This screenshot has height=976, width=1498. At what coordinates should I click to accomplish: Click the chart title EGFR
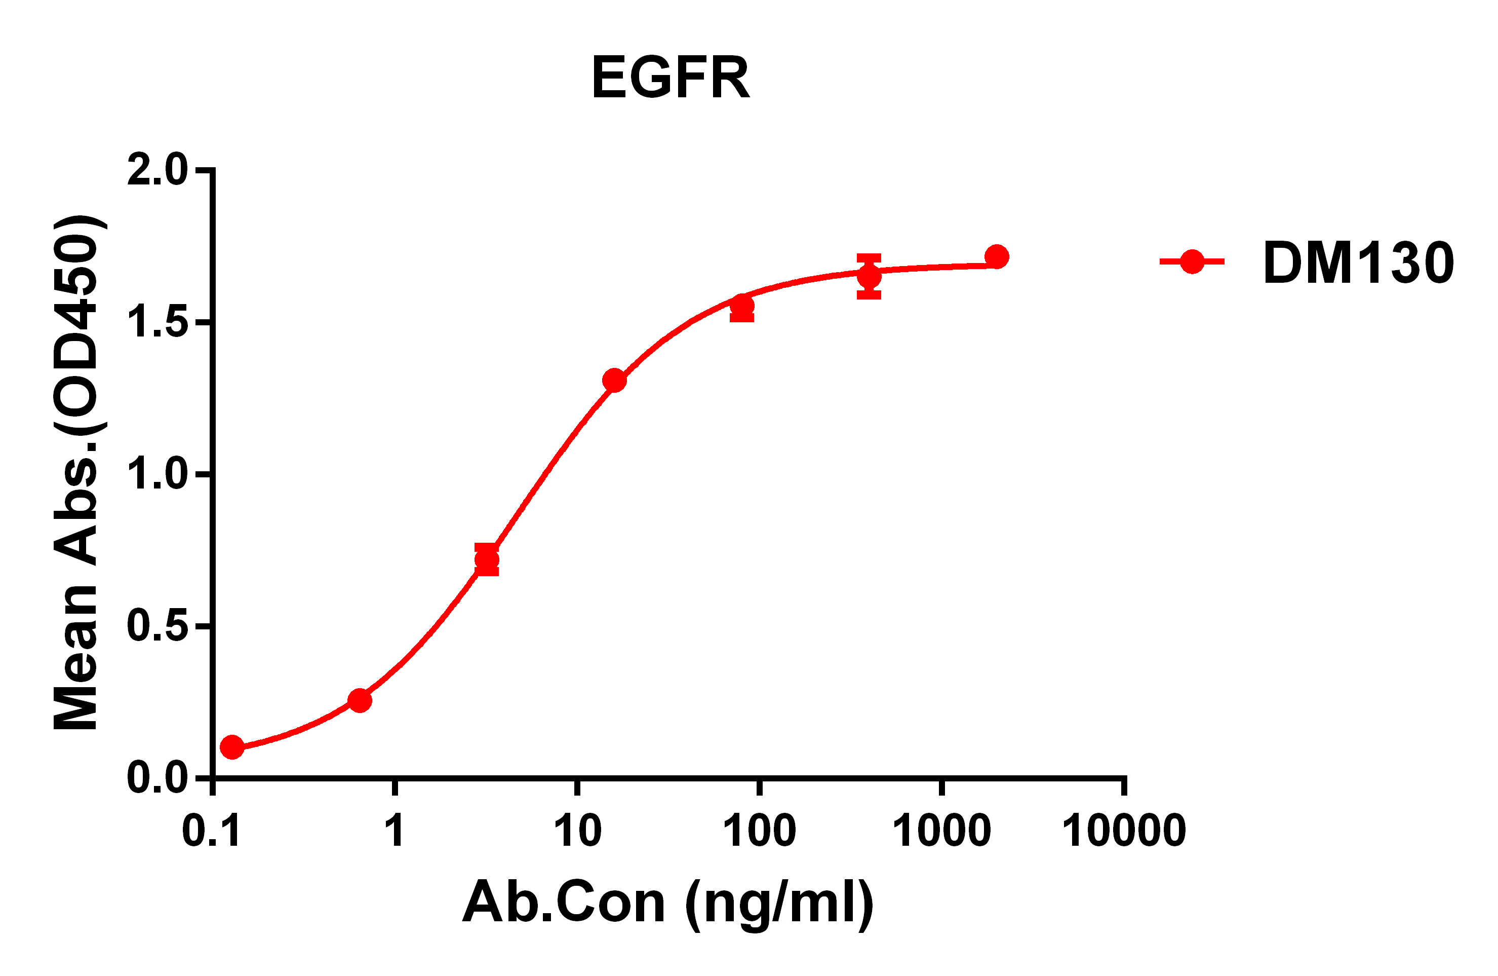point(671,78)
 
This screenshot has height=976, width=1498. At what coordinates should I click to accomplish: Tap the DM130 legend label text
point(1358,262)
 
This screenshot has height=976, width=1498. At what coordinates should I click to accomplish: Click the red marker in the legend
point(1192,261)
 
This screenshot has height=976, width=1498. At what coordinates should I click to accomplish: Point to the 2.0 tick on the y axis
point(157,169)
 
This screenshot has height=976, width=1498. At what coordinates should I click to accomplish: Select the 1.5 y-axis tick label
point(157,322)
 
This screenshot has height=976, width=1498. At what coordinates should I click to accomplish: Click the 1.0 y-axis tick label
point(157,474)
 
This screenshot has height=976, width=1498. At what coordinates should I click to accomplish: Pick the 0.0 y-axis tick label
point(157,778)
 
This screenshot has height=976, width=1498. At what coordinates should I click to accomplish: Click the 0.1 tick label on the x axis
point(212,831)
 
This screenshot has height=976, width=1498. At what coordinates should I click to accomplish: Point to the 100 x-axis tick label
point(759,831)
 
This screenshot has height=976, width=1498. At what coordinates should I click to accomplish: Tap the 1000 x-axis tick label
point(941,831)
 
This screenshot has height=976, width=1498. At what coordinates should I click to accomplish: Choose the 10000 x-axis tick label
point(1124,831)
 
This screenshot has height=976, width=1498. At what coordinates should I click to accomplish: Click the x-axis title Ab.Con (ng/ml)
point(668,903)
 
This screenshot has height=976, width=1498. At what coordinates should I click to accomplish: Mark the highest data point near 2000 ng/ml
point(996,257)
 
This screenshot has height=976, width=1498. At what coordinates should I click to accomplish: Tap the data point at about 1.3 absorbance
point(614,381)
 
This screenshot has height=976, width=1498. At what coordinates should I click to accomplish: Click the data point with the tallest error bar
point(869,276)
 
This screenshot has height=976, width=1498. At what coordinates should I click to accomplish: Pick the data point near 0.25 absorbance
point(360,700)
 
